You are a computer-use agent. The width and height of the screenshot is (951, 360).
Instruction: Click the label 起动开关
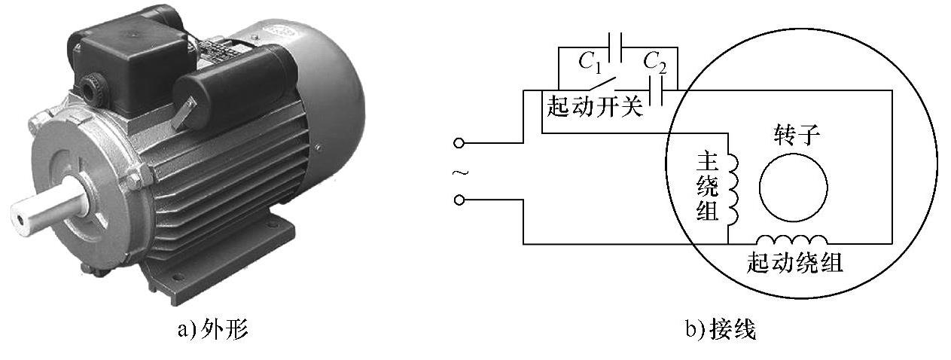click(x=595, y=108)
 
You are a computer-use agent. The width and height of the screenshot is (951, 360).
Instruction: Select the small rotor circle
click(x=793, y=186)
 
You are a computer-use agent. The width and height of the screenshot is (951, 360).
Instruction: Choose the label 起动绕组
click(x=794, y=263)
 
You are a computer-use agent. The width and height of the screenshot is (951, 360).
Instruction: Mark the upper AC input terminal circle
click(x=460, y=142)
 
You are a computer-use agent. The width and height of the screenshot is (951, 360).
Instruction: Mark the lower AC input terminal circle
click(x=460, y=200)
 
